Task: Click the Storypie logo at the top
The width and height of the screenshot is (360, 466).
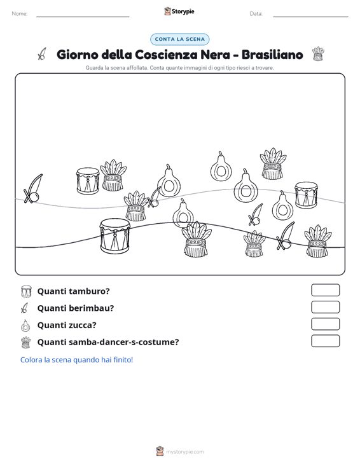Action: pyautogui.click(x=179, y=11)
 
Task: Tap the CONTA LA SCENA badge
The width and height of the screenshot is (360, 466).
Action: pyautogui.click(x=180, y=39)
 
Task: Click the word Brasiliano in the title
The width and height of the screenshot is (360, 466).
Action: pyautogui.click(x=272, y=55)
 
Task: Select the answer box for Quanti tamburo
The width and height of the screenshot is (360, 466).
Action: pyautogui.click(x=325, y=290)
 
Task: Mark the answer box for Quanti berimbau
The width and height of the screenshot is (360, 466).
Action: pyautogui.click(x=325, y=307)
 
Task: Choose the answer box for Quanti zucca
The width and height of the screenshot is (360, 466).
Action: pyautogui.click(x=325, y=324)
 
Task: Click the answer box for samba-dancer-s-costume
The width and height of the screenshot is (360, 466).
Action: pyautogui.click(x=325, y=341)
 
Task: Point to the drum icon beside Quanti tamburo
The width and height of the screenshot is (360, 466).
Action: pyautogui.click(x=26, y=291)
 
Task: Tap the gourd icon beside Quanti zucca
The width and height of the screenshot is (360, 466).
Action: pyautogui.click(x=25, y=326)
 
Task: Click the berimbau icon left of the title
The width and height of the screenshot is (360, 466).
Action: pyautogui.click(x=42, y=54)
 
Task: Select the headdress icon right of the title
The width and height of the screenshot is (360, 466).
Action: pyautogui.click(x=318, y=54)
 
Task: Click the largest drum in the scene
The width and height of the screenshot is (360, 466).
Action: pyautogui.click(x=114, y=236)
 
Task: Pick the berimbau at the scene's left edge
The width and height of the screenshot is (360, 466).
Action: pyautogui.click(x=33, y=189)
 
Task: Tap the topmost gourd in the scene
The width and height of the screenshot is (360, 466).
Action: pyautogui.click(x=221, y=167)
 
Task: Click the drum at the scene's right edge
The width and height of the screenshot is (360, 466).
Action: pyautogui.click(x=306, y=195)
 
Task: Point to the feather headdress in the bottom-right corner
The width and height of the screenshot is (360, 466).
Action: pyautogui.click(x=317, y=241)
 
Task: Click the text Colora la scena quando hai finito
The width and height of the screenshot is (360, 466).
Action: pyautogui.click(x=76, y=360)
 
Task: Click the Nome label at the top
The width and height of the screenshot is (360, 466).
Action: pyautogui.click(x=20, y=14)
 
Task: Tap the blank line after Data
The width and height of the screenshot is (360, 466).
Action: pyautogui.click(x=310, y=17)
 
